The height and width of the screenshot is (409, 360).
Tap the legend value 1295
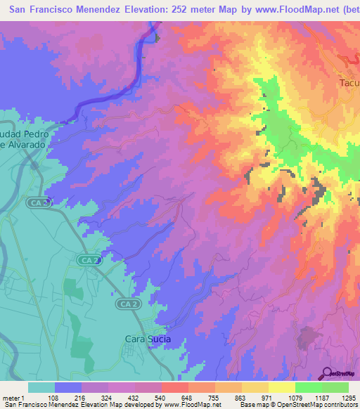(x=349, y=397)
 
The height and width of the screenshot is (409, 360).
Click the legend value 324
(x=108, y=397)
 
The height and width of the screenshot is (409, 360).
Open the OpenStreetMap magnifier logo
(x=327, y=373)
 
